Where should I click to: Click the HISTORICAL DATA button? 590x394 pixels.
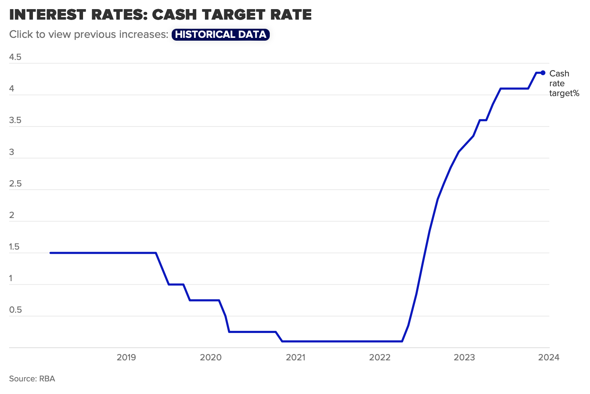pyautogui.click(x=220, y=34)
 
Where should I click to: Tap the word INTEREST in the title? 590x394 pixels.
pyautogui.click(x=47, y=15)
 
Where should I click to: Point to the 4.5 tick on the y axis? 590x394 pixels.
pyautogui.click(x=15, y=57)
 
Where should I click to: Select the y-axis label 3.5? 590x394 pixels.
pyautogui.click(x=15, y=120)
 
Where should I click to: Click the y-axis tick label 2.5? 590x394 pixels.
pyautogui.click(x=15, y=184)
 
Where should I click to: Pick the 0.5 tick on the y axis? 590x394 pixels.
pyautogui.click(x=15, y=310)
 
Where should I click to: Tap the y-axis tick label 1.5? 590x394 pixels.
pyautogui.click(x=14, y=247)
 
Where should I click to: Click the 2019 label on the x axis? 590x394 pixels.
pyautogui.click(x=126, y=357)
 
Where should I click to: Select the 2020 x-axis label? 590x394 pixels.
pyautogui.click(x=211, y=357)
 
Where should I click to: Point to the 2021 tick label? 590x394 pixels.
pyautogui.click(x=295, y=357)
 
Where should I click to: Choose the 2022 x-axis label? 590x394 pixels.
pyautogui.click(x=380, y=357)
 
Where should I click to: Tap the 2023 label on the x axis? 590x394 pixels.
pyautogui.click(x=464, y=357)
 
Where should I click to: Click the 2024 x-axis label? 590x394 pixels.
pyautogui.click(x=549, y=357)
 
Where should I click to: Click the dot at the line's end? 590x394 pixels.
pyautogui.click(x=543, y=73)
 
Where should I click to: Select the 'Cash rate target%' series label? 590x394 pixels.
pyautogui.click(x=564, y=83)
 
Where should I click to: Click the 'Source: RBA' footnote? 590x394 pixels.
pyautogui.click(x=32, y=379)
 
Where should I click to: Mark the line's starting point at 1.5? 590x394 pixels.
pyautogui.click(x=51, y=253)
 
